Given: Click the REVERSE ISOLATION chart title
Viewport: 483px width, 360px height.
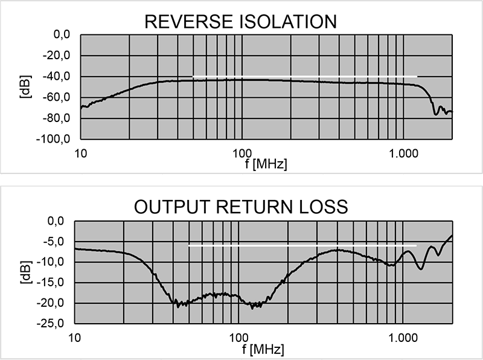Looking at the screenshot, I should (x=241, y=22).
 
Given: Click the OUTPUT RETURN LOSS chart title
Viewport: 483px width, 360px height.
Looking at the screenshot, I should (x=241, y=207).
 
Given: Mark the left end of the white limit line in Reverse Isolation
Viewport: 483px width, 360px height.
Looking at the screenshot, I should (x=193, y=77).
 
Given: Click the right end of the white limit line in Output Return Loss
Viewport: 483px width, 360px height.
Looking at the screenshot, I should (x=417, y=246).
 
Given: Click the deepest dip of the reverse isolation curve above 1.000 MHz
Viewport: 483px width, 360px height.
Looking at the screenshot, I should (x=435, y=114).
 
